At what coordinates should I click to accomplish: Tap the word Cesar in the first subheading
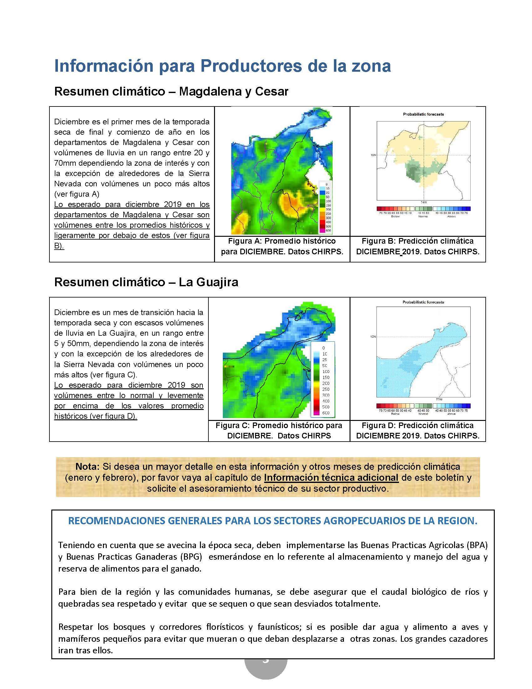[x=271, y=91]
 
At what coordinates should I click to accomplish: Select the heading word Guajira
[x=218, y=282]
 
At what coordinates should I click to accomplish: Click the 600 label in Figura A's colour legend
[x=328, y=231]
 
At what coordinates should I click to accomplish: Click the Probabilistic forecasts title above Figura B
[x=423, y=114]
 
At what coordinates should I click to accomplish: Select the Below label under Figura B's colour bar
[x=395, y=216]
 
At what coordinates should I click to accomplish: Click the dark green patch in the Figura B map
[x=413, y=172]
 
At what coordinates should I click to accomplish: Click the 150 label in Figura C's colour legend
[x=326, y=377]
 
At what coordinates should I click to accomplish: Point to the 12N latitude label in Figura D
[x=373, y=337]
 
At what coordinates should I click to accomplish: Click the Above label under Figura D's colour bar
[x=451, y=414]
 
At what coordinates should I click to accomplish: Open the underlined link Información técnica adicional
[x=331, y=478]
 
